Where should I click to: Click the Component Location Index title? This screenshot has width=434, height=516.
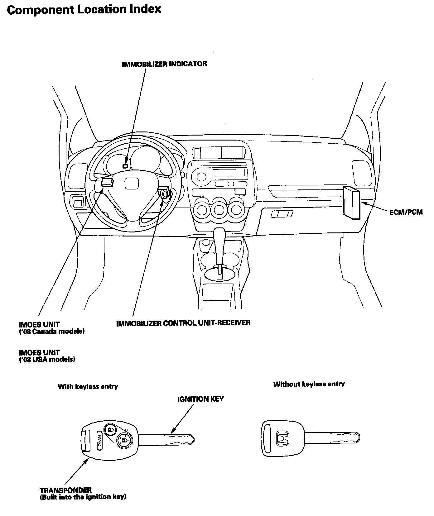pos(84,9)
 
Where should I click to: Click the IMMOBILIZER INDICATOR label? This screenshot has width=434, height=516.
pos(164,64)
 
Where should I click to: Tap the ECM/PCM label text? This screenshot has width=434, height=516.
pos(406,212)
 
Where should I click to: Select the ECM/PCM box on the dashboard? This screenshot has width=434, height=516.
pos(351,202)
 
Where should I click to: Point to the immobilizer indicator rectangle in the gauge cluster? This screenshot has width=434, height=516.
pos(125,166)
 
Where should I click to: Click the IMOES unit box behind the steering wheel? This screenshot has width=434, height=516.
pos(107,182)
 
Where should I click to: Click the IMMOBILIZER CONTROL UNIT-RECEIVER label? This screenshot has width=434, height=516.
pos(183,323)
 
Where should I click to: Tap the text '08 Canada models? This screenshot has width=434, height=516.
pos(52,331)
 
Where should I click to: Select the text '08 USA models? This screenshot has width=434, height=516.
pos(47,359)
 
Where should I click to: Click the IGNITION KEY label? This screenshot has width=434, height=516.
pos(200,399)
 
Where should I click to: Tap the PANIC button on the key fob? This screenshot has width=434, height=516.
pos(99,440)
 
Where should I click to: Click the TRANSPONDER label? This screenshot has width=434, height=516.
pos(65,490)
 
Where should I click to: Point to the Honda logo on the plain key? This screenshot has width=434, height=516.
pos(283,438)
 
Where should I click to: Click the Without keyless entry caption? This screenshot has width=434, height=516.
pos(309,384)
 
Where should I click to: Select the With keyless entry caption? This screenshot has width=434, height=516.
pos(88,387)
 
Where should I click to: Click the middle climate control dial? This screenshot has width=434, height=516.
pos(219,210)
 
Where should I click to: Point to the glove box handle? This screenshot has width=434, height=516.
pos(282,214)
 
